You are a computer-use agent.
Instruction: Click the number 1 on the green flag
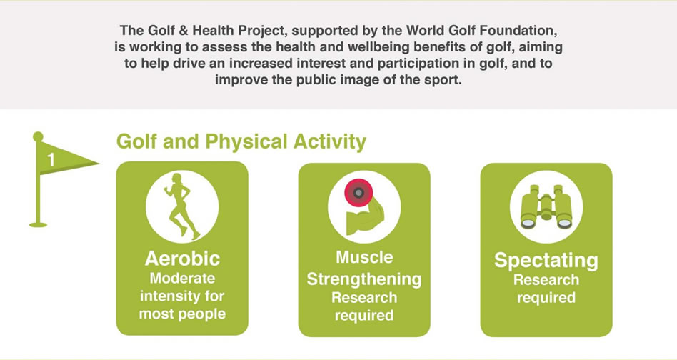pos(51,160)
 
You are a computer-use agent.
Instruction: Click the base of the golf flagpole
pos(38,224)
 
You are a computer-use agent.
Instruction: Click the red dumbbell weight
pos(358,193)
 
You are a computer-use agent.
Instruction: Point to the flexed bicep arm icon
pos(365,217)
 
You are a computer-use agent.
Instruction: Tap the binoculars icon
pos(546,207)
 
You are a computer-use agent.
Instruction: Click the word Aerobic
pos(182,259)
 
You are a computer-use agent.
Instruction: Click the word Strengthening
pos(364,279)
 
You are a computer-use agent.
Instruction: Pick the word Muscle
pos(364,257)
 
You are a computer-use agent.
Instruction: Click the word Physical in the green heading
pos(246,142)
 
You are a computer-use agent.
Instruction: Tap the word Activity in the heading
pos(329,142)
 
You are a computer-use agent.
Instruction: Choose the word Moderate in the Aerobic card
pos(182,279)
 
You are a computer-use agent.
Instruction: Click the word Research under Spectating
pos(546,280)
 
